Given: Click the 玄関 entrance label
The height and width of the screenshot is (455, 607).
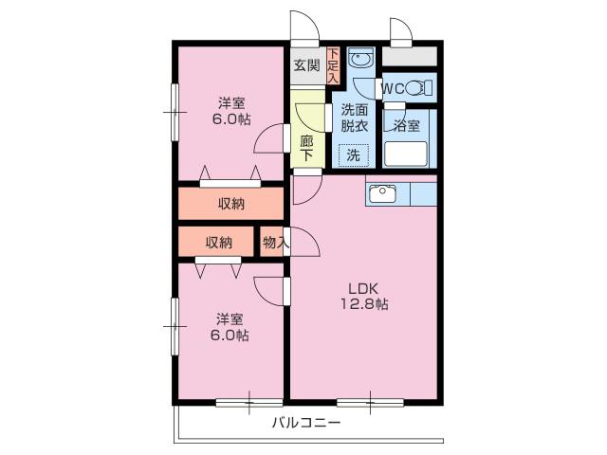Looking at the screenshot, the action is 307,65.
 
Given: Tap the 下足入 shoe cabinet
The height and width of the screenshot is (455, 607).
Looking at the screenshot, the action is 333,65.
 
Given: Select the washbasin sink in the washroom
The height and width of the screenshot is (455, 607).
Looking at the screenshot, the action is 360,59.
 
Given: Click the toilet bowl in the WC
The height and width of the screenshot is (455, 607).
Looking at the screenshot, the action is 414,88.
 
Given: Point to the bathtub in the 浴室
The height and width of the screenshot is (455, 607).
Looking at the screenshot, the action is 405,154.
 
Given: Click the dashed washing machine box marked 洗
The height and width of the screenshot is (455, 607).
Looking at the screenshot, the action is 354,155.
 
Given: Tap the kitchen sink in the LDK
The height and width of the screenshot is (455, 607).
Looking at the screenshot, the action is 382,193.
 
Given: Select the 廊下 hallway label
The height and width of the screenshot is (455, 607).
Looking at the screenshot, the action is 307,148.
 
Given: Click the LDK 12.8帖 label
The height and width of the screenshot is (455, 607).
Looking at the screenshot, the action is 364,297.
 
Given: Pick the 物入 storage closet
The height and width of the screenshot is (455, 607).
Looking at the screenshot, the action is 275,242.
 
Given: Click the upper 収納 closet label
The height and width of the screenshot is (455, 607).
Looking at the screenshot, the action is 231,204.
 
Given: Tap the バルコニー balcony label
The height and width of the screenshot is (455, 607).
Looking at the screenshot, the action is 306,422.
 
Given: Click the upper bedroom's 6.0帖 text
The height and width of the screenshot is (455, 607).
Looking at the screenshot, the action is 231,119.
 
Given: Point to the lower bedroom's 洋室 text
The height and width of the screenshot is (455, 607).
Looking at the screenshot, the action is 230,319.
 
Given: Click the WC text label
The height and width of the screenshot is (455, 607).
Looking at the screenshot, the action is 394,89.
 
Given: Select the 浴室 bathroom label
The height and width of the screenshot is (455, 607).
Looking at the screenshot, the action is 407,126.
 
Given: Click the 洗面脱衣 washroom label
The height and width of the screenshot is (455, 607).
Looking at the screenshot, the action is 354,118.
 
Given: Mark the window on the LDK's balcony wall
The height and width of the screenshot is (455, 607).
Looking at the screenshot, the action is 370,403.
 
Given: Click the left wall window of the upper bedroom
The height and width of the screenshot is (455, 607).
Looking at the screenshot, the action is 175,112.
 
